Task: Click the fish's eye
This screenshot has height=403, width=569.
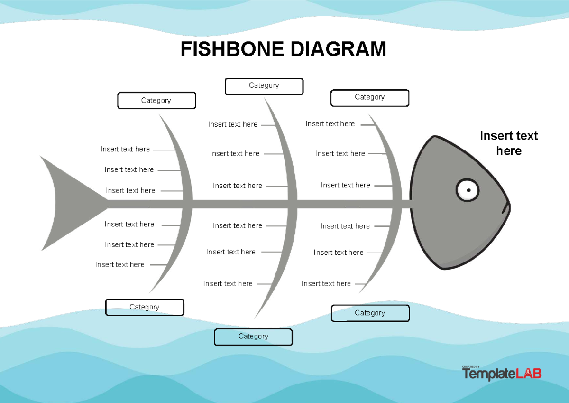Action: [468, 190]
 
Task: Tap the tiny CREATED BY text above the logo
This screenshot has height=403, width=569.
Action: [471, 366]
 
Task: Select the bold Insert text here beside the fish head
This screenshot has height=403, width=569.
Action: [509, 143]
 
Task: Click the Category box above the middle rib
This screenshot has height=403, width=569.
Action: [264, 86]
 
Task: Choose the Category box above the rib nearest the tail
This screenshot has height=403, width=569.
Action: [156, 101]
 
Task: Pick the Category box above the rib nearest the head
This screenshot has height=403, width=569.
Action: [369, 97]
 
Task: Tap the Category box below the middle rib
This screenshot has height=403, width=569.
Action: [253, 337]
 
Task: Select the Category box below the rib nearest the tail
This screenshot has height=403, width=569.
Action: [144, 307]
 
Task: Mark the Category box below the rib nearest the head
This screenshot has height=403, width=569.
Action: [370, 313]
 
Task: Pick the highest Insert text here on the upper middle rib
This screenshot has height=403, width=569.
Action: [232, 124]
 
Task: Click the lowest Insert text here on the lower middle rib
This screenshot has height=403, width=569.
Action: [228, 284]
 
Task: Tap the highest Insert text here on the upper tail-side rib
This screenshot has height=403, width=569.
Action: [125, 149]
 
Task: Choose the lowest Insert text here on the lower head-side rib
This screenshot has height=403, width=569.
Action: [326, 284]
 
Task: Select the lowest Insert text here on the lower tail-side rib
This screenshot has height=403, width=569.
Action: [119, 265]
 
